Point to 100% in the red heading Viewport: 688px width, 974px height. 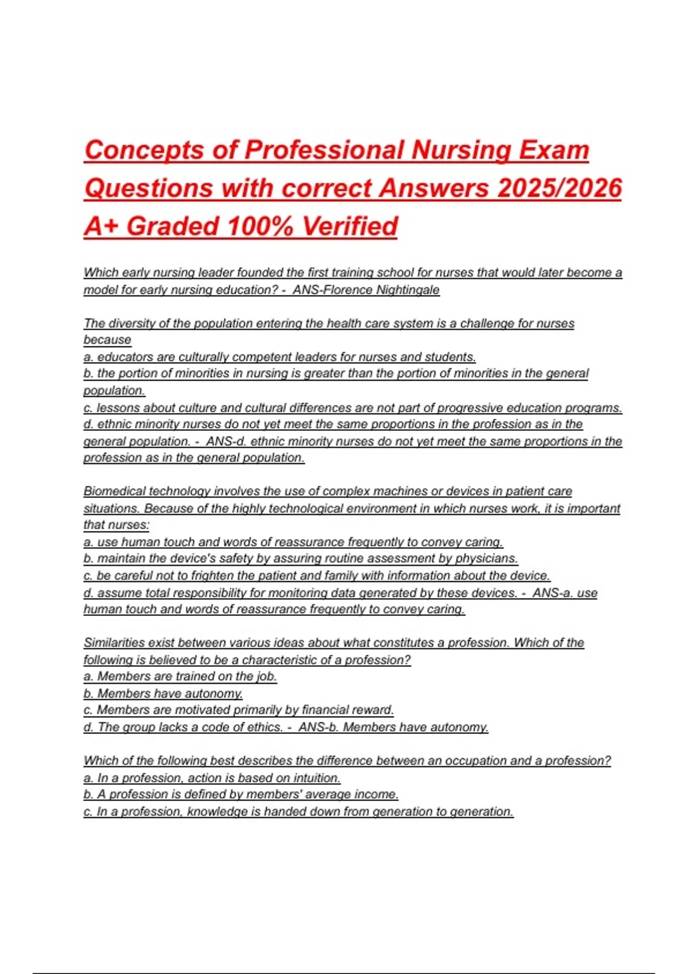pyautogui.click(x=260, y=226)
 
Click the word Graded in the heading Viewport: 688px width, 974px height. pyautogui.click(x=173, y=226)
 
